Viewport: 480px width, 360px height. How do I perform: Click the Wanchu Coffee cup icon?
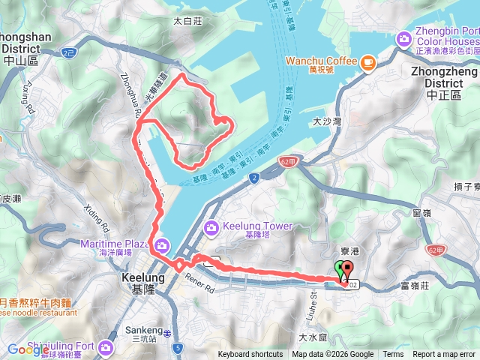367,63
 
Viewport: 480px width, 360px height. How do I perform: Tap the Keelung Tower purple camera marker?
211,226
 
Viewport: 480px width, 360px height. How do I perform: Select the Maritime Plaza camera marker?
161,244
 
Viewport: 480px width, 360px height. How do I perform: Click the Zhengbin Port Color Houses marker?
405,37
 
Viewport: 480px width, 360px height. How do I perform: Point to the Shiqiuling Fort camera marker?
105,346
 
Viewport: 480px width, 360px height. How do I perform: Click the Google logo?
28,349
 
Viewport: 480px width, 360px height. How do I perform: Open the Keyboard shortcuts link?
250,355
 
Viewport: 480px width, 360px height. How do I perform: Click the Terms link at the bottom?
393,355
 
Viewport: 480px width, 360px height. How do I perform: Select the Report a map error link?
445,355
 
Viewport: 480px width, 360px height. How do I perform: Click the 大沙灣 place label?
327,121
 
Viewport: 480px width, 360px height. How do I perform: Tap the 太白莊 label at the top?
188,22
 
